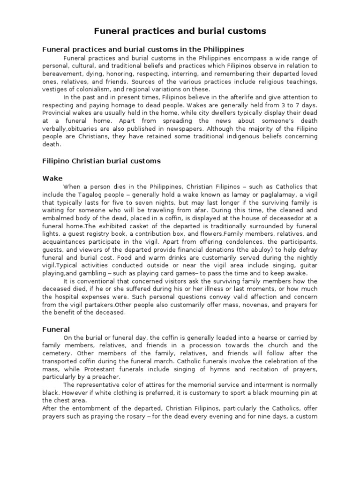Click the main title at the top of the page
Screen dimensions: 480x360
[180, 31]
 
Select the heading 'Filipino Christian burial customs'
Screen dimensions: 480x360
[101, 161]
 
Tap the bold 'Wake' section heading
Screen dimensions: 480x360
[52, 178]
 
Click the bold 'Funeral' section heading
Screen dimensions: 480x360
[56, 330]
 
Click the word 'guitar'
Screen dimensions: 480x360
[307, 265]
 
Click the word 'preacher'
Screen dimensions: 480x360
[106, 377]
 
